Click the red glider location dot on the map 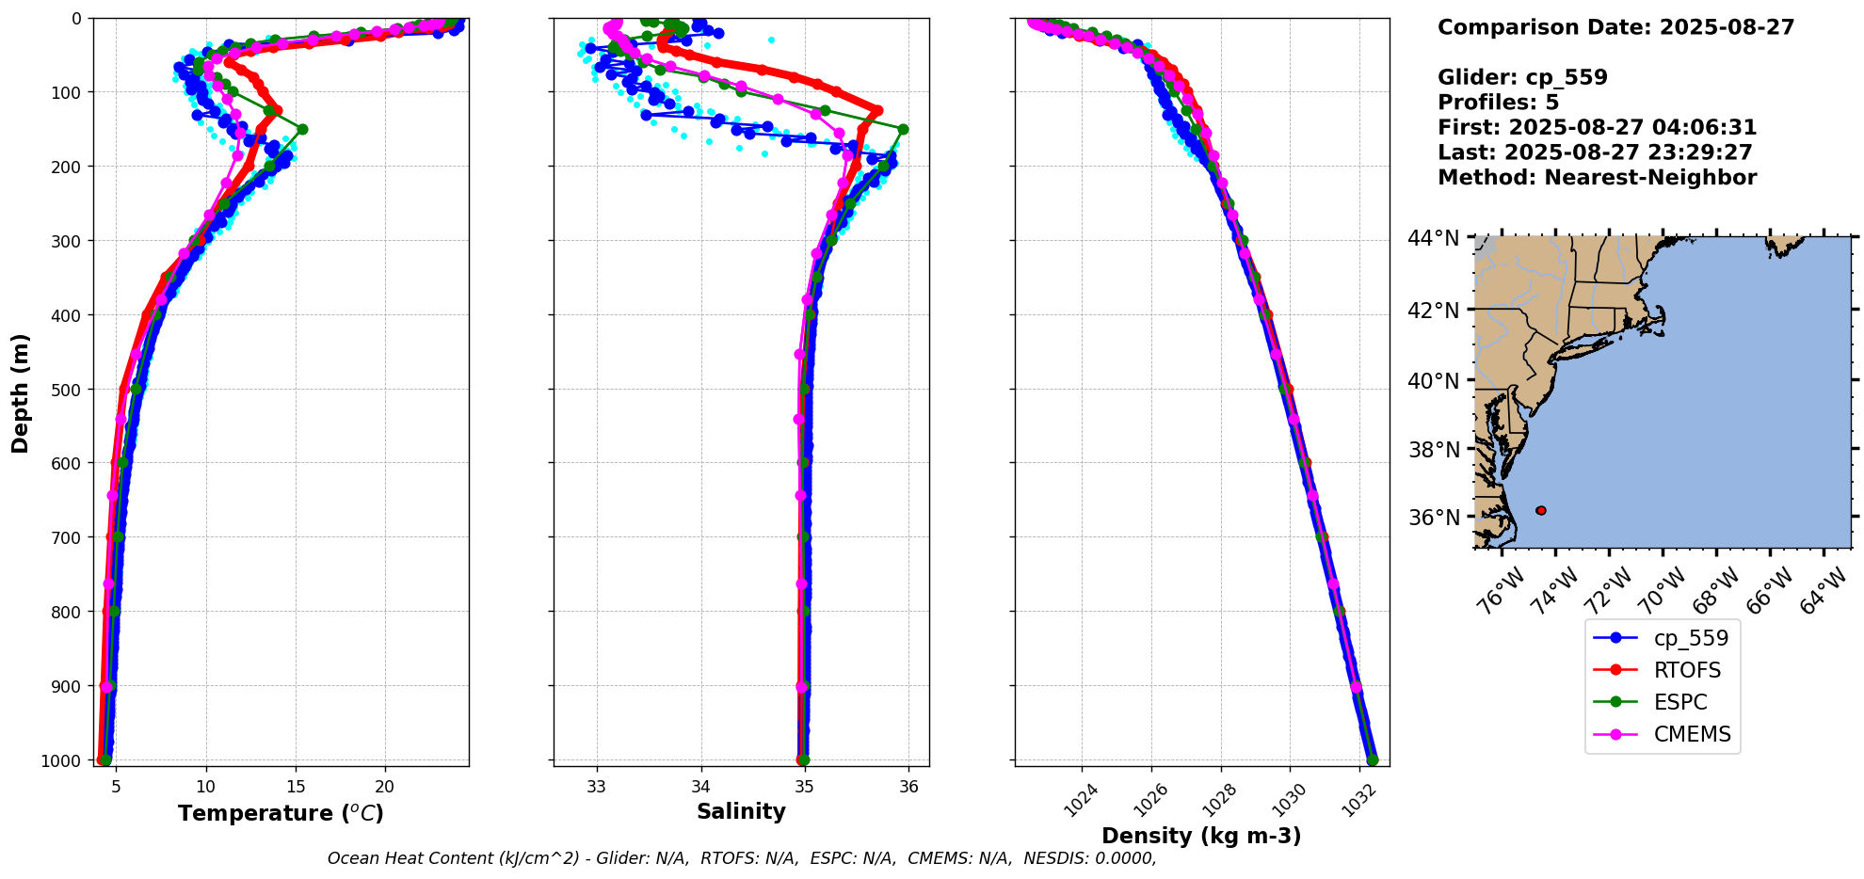pyautogui.click(x=1540, y=510)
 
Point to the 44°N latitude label pyautogui.click(x=1433, y=238)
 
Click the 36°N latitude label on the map pyautogui.click(x=1433, y=518)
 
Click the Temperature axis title pyautogui.click(x=281, y=813)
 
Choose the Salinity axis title pyautogui.click(x=741, y=811)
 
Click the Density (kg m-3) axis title pyautogui.click(x=1201, y=836)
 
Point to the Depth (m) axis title pyautogui.click(x=21, y=392)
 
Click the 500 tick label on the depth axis pyautogui.click(x=67, y=390)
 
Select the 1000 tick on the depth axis pyautogui.click(x=62, y=760)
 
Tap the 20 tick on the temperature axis pyautogui.click(x=384, y=787)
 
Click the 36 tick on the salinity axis pyautogui.click(x=908, y=787)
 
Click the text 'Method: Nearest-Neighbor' pyautogui.click(x=1597, y=178)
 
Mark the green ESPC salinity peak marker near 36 pyautogui.click(x=903, y=129)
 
